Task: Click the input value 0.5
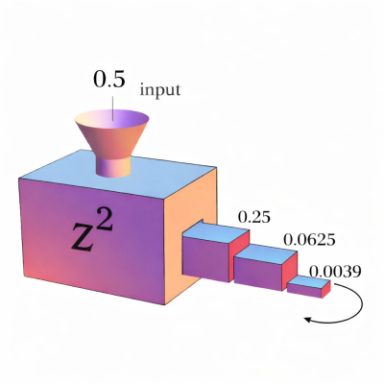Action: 108,79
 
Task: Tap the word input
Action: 160,90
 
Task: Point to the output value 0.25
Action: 254,217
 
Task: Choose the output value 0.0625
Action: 309,239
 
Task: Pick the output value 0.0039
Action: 335,272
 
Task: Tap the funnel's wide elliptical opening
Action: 111,118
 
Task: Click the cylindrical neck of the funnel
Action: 114,166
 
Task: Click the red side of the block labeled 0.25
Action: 239,252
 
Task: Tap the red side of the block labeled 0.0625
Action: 290,268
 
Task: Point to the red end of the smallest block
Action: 325,289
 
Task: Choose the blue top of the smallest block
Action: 309,282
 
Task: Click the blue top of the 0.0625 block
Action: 266,255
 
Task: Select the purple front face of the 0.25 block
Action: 205,258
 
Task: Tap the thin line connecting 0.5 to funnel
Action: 112,105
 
